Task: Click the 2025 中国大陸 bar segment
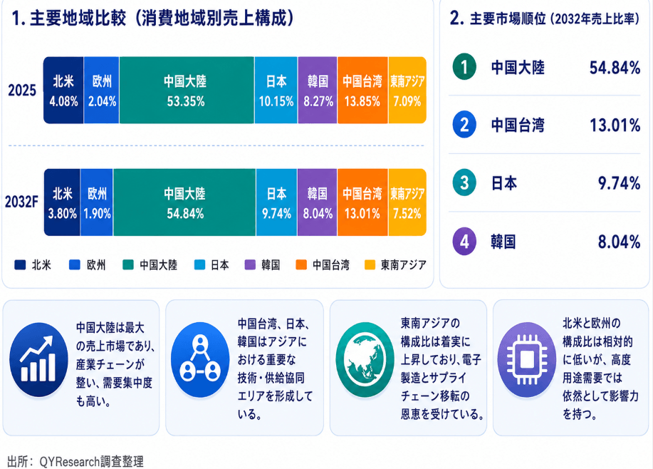tap(187, 90)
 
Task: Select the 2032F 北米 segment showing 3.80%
tap(62, 202)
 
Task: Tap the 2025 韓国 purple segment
tap(318, 90)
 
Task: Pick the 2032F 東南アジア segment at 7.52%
tap(407, 202)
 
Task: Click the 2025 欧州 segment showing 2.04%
tap(102, 90)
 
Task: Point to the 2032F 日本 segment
tap(276, 202)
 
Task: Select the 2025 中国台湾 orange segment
tap(362, 90)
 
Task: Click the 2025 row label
tap(22, 90)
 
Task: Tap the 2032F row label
tap(21, 202)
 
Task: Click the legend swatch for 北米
tap(20, 264)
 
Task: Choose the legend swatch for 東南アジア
tap(370, 264)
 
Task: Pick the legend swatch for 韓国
tap(250, 264)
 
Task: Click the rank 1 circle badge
tap(464, 67)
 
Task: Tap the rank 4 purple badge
tap(464, 241)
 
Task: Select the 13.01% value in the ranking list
tap(615, 125)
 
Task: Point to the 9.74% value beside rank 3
tap(619, 183)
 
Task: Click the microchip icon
tap(527, 359)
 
